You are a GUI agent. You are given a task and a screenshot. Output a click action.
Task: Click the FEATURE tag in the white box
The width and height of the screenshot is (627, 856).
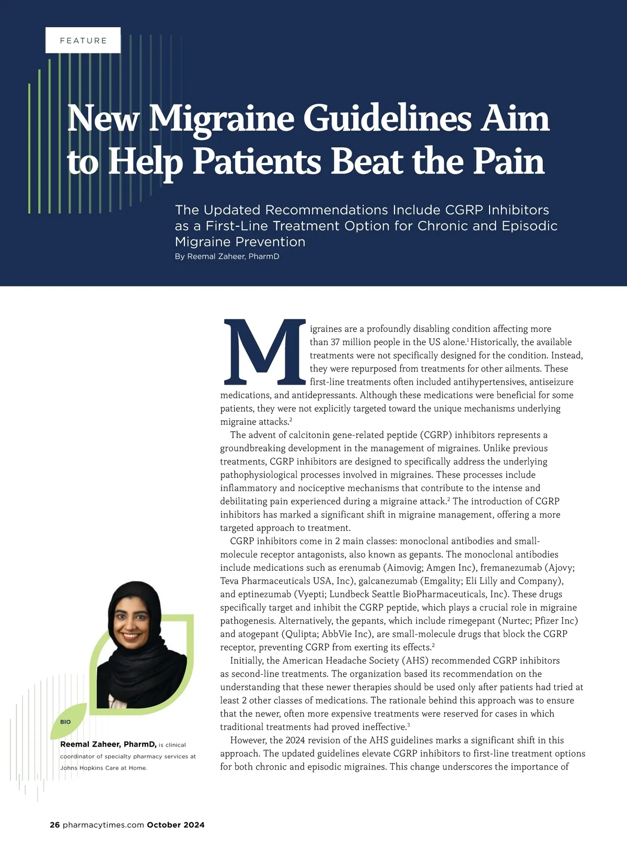(83, 40)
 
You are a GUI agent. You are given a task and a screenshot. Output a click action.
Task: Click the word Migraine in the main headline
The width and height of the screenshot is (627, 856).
(222, 118)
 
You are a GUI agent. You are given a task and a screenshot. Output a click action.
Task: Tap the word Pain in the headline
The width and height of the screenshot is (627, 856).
(509, 161)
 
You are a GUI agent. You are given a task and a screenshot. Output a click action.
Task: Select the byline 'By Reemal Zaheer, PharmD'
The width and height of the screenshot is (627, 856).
(227, 257)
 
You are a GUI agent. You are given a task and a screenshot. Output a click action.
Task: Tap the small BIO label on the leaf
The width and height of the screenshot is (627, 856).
(65, 722)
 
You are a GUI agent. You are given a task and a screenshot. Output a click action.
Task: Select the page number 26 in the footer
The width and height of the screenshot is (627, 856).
(55, 825)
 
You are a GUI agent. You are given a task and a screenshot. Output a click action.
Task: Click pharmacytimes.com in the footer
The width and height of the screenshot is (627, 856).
(103, 825)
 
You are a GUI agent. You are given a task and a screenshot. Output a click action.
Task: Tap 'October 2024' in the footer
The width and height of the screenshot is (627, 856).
(176, 825)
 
